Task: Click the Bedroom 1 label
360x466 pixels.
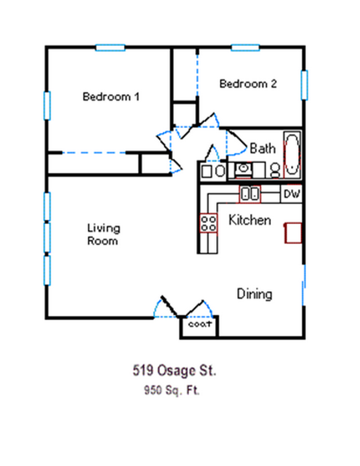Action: (x=111, y=97)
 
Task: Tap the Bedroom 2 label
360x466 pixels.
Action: (x=248, y=84)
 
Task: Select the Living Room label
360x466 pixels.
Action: (x=104, y=235)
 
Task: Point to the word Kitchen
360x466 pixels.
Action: (x=250, y=220)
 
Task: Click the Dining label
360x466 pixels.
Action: (x=254, y=294)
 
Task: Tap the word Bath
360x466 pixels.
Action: (x=263, y=149)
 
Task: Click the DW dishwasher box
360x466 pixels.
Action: (x=292, y=194)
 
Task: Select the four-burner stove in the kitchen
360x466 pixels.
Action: (x=208, y=223)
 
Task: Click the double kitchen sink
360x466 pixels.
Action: (x=250, y=194)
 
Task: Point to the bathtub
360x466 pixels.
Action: (x=292, y=155)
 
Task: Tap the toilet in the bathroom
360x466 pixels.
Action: (x=275, y=171)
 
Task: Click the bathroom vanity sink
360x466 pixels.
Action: (x=243, y=170)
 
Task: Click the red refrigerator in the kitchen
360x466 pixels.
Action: (x=293, y=233)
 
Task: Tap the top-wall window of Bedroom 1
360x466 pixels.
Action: (x=110, y=48)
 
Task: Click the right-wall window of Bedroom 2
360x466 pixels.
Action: (x=304, y=85)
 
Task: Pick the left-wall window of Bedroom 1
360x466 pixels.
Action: (x=47, y=106)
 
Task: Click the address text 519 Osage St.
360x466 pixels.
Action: (x=175, y=371)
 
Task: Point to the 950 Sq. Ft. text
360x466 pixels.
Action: (x=172, y=390)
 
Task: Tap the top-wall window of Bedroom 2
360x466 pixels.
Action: (x=245, y=48)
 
